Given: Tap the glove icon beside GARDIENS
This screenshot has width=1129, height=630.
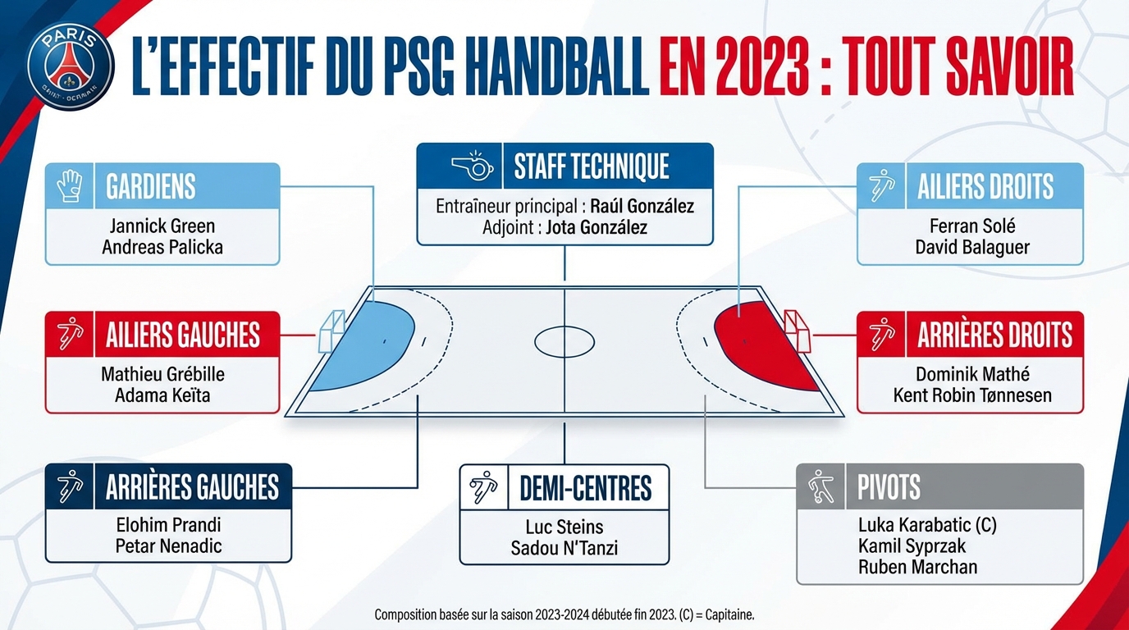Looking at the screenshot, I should click(x=71, y=186).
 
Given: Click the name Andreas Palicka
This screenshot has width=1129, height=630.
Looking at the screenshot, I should click(x=162, y=247).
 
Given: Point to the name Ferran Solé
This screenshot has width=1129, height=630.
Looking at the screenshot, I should click(x=972, y=226).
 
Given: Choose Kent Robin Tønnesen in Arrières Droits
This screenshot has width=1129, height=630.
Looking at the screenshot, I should click(x=972, y=395).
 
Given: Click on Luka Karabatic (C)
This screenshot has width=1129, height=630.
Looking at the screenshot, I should click(x=927, y=524).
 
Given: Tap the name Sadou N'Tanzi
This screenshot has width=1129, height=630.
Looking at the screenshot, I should click(x=564, y=548).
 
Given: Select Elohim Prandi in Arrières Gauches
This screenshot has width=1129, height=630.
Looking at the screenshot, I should click(x=169, y=524).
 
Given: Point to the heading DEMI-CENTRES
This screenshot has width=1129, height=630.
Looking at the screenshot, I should click(x=585, y=488).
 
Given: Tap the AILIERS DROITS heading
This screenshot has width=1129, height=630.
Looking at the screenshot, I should click(x=985, y=186).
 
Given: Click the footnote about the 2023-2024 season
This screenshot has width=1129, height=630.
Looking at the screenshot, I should click(x=564, y=614).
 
